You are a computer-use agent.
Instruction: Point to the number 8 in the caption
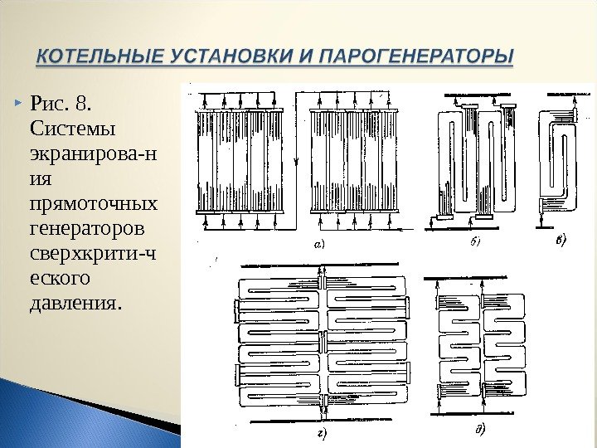click(x=80, y=105)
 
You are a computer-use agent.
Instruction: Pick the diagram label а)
click(x=318, y=243)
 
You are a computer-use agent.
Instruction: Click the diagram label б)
click(x=476, y=241)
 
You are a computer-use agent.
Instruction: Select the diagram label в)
click(x=561, y=241)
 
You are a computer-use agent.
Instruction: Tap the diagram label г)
click(x=319, y=432)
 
